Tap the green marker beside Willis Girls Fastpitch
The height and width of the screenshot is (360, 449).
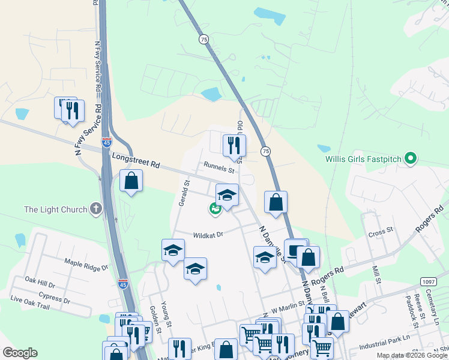coord(411,160)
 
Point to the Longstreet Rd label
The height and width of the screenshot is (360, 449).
coord(137,160)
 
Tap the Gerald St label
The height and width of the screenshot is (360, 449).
coord(183,193)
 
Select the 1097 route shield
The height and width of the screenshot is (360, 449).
coord(428,281)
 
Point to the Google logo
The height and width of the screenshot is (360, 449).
coord(20,353)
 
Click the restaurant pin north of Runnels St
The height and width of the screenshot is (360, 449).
coord(234,145)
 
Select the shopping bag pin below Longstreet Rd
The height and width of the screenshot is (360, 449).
coord(131,181)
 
